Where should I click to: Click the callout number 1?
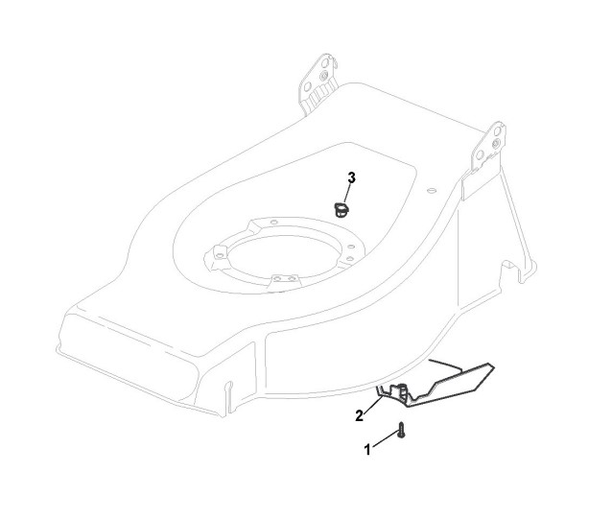click(x=367, y=449)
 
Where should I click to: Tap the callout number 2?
click(x=359, y=414)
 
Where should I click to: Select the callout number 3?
click(x=351, y=178)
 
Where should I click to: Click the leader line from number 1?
click(x=383, y=441)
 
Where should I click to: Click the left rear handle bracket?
click(x=319, y=82)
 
